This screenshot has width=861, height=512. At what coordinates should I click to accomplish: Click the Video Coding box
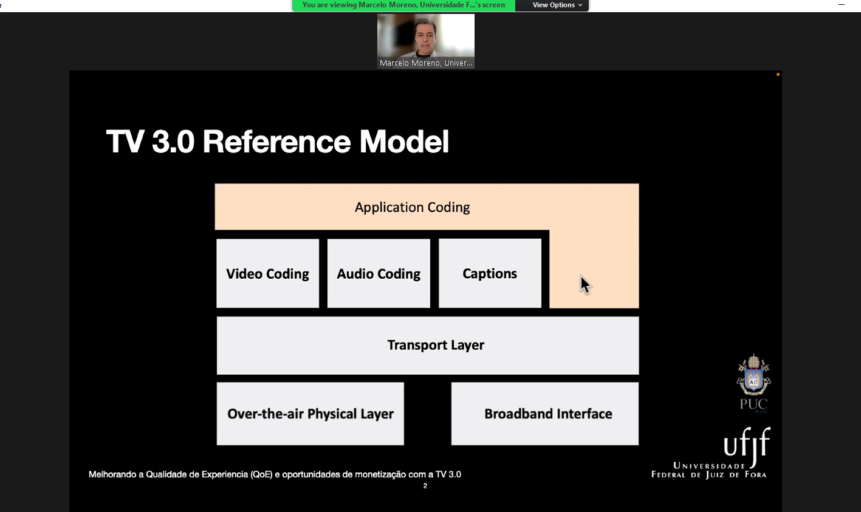pos(267,273)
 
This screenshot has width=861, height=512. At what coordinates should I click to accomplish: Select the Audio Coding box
pos(379,273)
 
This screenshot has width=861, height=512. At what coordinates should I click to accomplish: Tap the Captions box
pos(490,273)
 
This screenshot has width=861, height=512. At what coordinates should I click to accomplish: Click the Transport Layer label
pos(436,345)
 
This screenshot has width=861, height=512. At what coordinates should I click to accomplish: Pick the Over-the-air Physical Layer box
pos(310,414)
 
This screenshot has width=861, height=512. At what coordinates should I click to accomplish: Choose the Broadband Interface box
pos(545,414)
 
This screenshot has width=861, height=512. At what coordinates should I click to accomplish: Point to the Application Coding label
pos(412,208)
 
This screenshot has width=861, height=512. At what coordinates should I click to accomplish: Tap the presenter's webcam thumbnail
pos(426,41)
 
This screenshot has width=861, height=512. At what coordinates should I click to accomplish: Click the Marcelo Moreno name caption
pos(426,63)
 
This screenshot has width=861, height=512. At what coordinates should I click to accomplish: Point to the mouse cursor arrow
pos(585,285)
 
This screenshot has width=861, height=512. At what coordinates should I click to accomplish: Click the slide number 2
pos(425,486)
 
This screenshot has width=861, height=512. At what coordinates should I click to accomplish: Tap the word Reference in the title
pos(276,142)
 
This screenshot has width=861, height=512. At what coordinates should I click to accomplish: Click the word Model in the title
pos(404,142)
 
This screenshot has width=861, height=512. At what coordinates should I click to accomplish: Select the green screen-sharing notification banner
pos(403,5)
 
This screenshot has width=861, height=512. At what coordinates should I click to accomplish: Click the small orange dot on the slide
pos(778,75)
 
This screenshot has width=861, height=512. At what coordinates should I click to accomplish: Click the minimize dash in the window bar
pos(842,5)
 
